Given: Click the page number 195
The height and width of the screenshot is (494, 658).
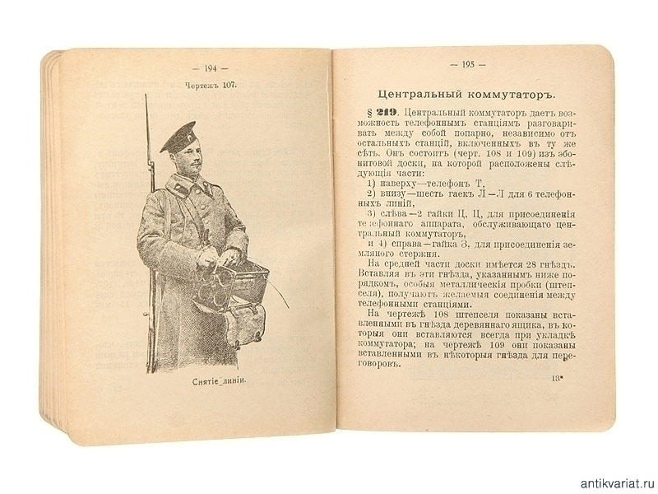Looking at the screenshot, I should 469,64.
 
